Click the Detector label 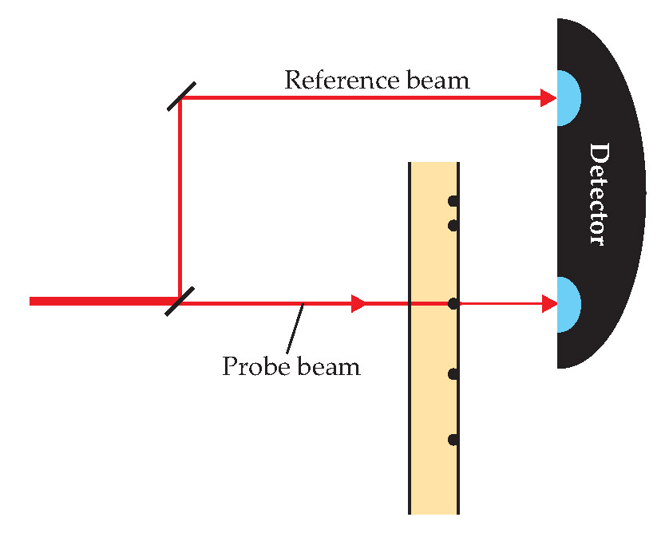pyautogui.click(x=598, y=194)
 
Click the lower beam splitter pyautogui.click(x=180, y=301)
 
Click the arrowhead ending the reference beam pyautogui.click(x=548, y=97)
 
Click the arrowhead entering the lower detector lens pyautogui.click(x=548, y=303)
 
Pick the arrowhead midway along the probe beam pyautogui.click(x=358, y=303)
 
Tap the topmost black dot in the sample pyautogui.click(x=453, y=200)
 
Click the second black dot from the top pyautogui.click(x=453, y=226)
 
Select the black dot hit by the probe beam pyautogui.click(x=453, y=303)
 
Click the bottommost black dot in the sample pyautogui.click(x=453, y=440)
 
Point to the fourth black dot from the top pyautogui.click(x=453, y=373)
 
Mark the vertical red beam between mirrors pyautogui.click(x=180, y=199)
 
